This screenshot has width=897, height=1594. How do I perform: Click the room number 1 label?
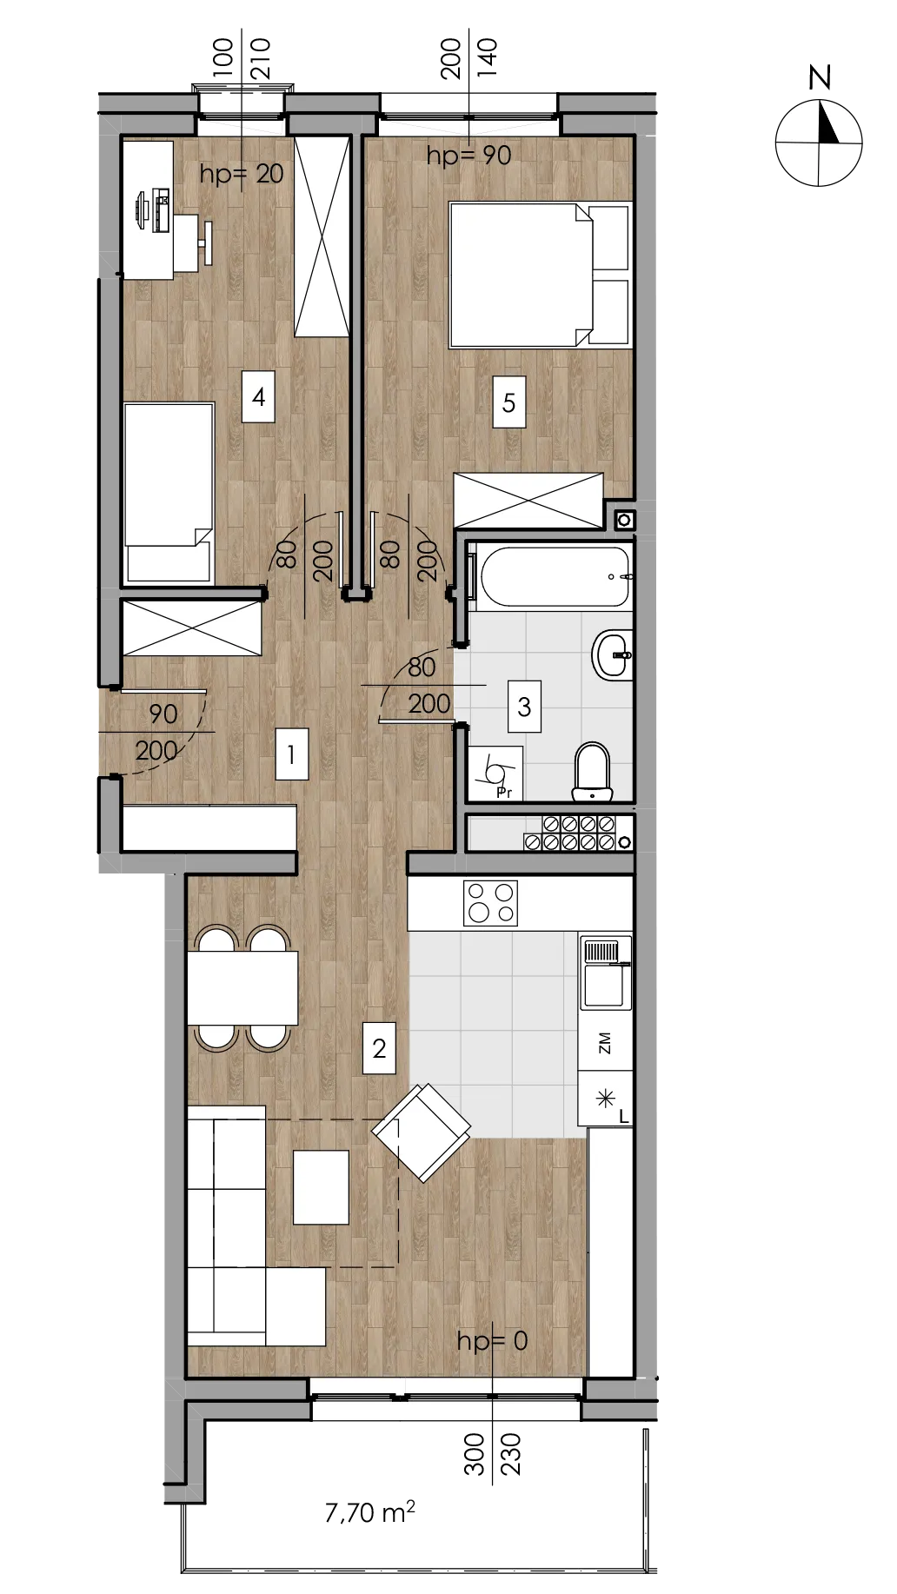point(291,754)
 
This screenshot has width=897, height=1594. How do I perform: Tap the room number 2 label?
point(379,1048)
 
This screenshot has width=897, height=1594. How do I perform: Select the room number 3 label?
point(524,706)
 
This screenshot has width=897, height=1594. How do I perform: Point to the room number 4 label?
point(258,397)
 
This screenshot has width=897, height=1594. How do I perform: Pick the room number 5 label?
point(509,402)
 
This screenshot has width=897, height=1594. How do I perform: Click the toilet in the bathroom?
point(593,770)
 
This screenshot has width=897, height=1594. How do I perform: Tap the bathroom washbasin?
point(613,654)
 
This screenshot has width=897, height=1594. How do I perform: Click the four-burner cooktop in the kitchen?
point(491,903)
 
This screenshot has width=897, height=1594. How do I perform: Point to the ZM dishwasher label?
point(605,1043)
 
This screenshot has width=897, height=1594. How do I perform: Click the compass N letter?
point(820,78)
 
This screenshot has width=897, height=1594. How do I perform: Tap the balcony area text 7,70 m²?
point(369,1512)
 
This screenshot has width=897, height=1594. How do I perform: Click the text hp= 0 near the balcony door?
point(492,1340)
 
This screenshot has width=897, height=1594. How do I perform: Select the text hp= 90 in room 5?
point(469,156)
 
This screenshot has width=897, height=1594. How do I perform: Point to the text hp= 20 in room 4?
point(242,174)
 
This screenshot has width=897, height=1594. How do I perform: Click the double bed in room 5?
point(539,275)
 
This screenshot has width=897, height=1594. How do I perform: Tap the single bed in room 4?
point(169,492)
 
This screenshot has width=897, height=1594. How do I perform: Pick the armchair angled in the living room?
point(422,1132)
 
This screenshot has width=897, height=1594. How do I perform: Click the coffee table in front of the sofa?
point(321,1187)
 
